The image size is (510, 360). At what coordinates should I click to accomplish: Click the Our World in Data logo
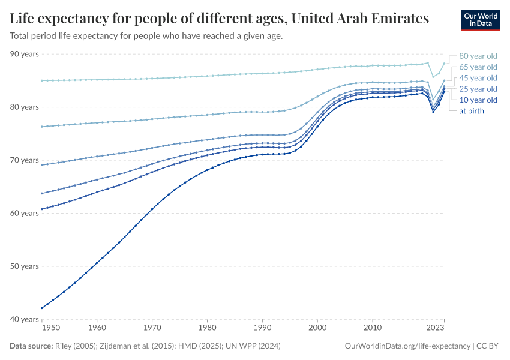click(481, 20)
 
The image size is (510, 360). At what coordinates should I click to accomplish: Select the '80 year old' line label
click(478, 56)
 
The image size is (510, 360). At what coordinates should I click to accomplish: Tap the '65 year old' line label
click(478, 67)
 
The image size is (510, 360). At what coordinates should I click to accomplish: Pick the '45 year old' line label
click(478, 78)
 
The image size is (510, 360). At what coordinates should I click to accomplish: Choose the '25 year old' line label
click(478, 89)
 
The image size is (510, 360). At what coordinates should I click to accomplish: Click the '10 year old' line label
click(478, 100)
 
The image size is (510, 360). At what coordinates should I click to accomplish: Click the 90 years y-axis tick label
click(25, 54)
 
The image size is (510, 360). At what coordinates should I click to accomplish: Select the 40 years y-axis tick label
click(25, 319)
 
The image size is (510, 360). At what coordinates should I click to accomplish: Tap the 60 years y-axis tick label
click(25, 213)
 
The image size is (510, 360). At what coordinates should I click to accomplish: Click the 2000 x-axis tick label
click(317, 328)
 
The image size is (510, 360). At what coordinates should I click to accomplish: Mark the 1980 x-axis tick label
click(207, 328)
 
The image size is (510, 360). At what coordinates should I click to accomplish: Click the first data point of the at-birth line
click(41, 308)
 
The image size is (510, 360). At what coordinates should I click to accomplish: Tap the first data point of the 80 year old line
click(41, 80)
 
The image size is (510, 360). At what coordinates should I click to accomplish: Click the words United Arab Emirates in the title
click(360, 18)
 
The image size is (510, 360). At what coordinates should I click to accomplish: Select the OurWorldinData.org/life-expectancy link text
click(408, 346)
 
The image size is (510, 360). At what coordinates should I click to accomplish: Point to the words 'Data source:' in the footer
click(32, 346)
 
